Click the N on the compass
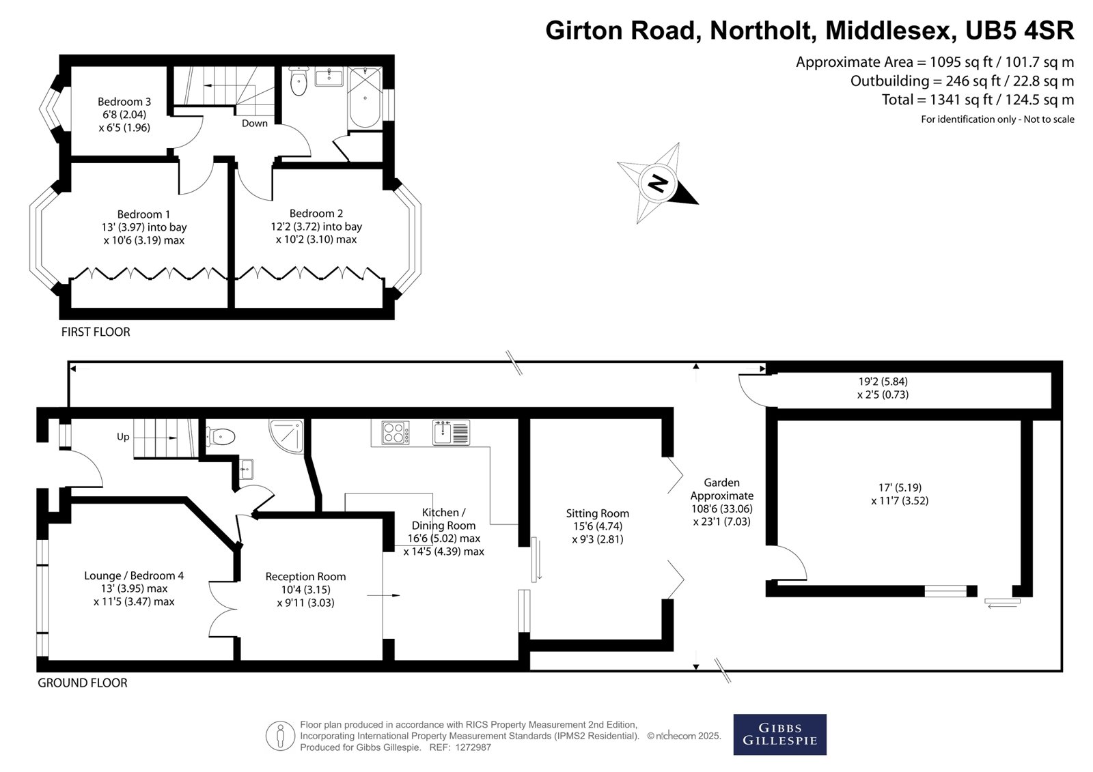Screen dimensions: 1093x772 click(659, 184)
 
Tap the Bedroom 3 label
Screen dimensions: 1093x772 click(124, 102)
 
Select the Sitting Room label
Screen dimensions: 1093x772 click(597, 513)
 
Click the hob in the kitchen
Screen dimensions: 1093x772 click(396, 432)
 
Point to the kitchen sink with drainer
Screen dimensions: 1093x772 click(452, 432)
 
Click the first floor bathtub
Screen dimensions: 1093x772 click(365, 98)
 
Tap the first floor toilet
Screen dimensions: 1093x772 click(298, 81)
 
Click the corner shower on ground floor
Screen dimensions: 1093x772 click(287, 435)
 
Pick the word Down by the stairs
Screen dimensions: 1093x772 click(255, 124)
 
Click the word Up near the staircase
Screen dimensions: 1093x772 click(123, 437)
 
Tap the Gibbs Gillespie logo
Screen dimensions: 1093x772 click(779, 734)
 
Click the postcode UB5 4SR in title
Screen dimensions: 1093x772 click(1020, 30)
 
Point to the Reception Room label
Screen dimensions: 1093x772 click(305, 576)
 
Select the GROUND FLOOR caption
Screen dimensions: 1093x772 click(83, 683)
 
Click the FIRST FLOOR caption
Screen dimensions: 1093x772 click(96, 332)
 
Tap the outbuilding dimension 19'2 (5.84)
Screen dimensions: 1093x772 click(883, 382)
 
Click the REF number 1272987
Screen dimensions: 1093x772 click(473, 747)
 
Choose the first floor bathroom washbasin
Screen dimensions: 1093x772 click(329, 76)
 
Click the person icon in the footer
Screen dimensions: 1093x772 click(280, 735)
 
